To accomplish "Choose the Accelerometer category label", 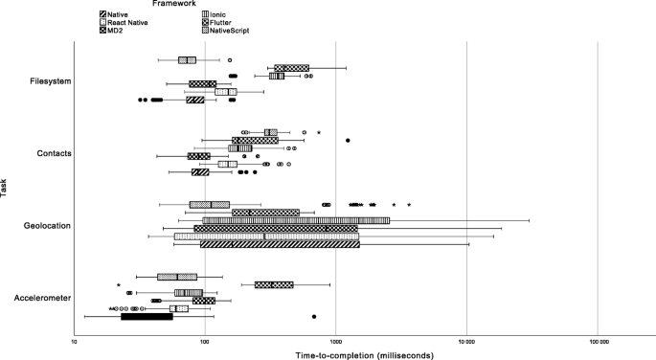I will [42, 298].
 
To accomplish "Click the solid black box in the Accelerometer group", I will [147, 316].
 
